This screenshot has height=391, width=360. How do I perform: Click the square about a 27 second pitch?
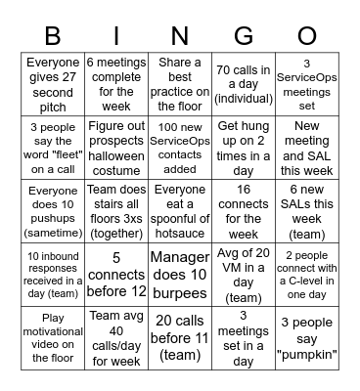[x=54, y=84]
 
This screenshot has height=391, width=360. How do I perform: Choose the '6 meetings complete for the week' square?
[x=116, y=84]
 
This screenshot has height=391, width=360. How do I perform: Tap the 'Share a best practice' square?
[x=179, y=84]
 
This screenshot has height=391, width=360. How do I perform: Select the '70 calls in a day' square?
[x=242, y=84]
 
